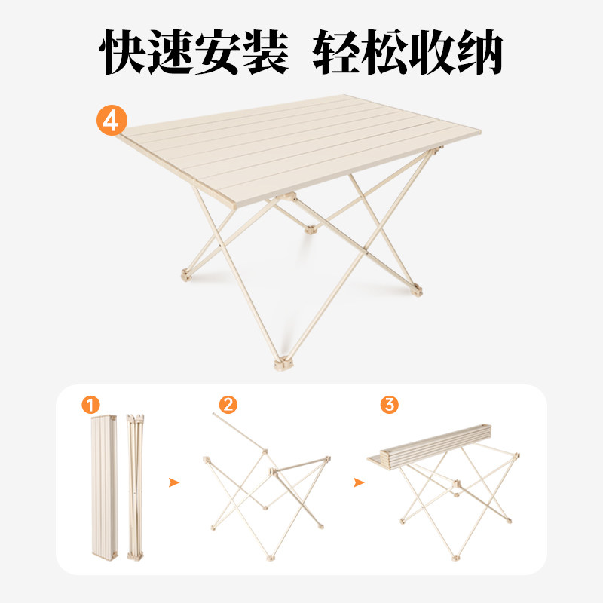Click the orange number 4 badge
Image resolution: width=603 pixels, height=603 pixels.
[111, 121]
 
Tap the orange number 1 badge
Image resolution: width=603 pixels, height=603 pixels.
[90, 405]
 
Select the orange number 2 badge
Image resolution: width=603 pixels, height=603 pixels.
[228, 405]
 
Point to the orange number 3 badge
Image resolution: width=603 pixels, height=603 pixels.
[389, 405]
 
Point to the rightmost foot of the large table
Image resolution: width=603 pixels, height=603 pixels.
[417, 289]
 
